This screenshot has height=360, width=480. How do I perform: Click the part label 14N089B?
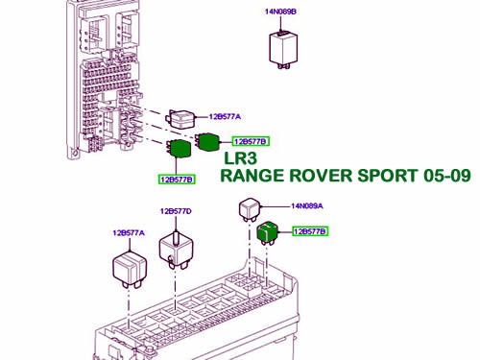coord(280,12)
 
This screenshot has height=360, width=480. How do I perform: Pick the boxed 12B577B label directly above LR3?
coord(248,141)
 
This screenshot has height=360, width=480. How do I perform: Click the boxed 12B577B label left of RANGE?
coord(177,179)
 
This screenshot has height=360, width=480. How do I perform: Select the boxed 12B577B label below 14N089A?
coord(310,231)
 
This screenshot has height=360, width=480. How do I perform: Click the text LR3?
coord(241,158)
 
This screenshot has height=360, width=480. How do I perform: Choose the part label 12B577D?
coord(176,211)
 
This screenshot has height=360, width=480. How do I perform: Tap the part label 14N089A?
coord(307,205)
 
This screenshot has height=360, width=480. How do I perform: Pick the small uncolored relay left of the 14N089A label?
coord(250,207)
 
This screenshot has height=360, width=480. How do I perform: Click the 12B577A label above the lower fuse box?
coord(127,232)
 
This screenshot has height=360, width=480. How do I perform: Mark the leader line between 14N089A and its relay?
coord(276,205)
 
